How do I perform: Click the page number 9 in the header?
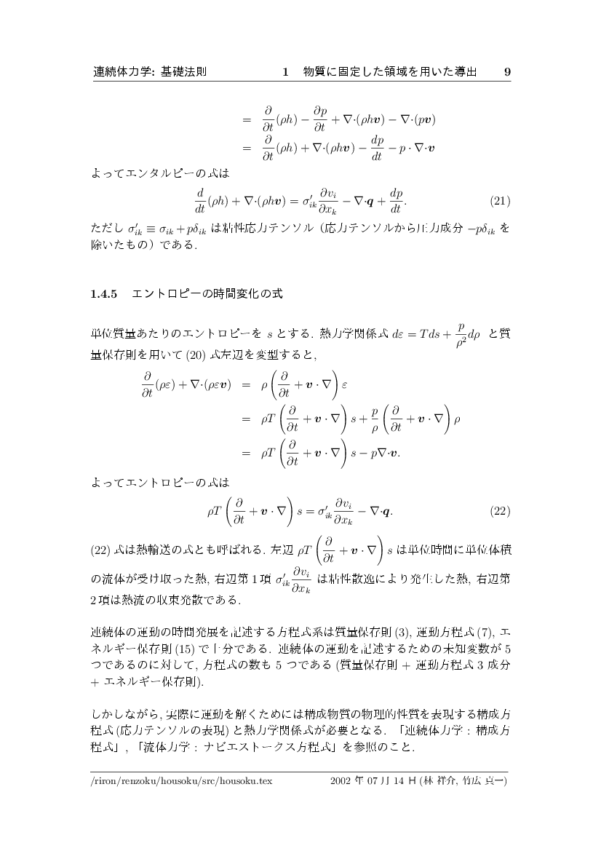[x=507, y=72]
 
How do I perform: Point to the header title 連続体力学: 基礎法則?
[x=150, y=72]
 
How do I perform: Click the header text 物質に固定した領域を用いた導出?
[x=390, y=72]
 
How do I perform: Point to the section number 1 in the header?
[x=286, y=72]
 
